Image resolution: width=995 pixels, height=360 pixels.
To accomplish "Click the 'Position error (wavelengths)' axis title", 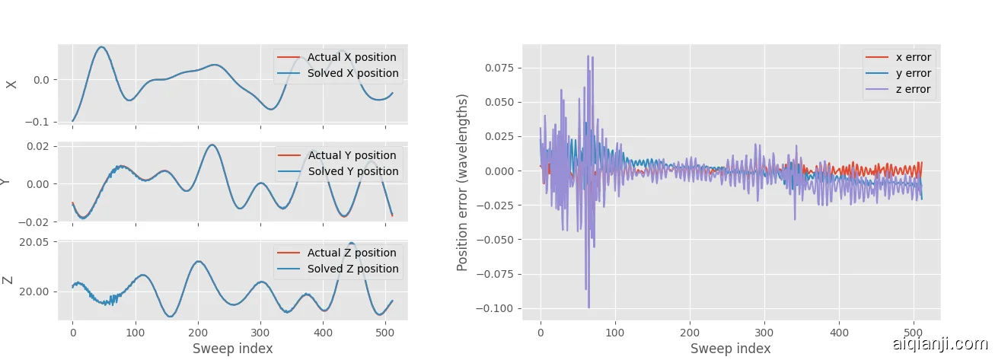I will point(462,183).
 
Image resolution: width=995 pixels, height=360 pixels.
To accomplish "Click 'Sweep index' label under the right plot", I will point(730,349).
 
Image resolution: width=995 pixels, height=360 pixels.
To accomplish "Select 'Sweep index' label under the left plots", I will point(232,349).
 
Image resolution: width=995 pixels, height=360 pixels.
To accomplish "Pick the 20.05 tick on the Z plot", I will point(34,242).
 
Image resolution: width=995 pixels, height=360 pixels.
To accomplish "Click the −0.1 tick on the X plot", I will point(40,122).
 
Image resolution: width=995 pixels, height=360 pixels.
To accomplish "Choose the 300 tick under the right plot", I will point(764,332).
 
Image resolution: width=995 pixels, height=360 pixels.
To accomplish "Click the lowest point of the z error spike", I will point(588,307).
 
